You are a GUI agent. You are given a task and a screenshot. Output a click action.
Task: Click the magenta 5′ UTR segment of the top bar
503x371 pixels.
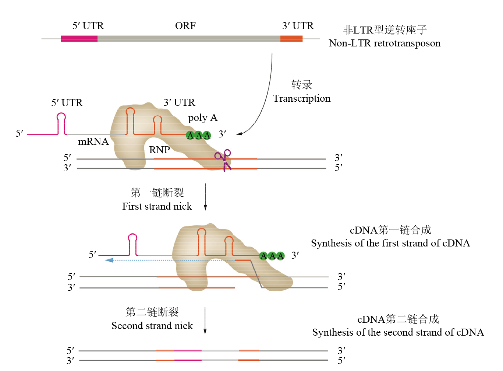tap(79, 39)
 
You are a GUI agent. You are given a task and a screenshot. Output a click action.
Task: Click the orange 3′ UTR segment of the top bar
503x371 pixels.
tap(291, 39)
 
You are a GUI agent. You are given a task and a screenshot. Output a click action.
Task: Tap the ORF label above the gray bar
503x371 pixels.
tap(185, 26)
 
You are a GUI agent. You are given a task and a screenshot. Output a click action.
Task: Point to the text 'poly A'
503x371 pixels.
tap(203, 118)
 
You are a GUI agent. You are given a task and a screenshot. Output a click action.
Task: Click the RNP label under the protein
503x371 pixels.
tap(159, 150)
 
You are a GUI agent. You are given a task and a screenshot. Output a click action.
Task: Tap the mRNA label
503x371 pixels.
tap(93, 141)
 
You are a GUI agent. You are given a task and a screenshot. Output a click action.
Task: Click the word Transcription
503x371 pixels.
tap(302, 98)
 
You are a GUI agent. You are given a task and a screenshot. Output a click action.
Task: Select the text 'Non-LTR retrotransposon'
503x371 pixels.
tap(385, 43)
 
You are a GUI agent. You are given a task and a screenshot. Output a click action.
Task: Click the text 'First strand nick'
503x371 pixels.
tap(157, 206)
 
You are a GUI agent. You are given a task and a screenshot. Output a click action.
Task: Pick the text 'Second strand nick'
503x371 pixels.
tap(152, 326)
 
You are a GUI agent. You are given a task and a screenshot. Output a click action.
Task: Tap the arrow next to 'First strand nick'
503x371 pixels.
tap(205, 197)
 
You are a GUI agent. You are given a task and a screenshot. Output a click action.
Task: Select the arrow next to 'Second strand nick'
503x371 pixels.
tap(205, 321)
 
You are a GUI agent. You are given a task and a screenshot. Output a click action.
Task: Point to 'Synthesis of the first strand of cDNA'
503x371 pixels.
tap(390, 243)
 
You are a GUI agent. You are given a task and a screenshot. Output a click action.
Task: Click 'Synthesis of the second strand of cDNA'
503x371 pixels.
tap(398, 332)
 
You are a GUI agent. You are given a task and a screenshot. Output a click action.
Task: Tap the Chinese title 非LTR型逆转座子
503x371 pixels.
tap(385, 30)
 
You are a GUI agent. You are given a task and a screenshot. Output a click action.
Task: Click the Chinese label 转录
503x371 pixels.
tap(302, 85)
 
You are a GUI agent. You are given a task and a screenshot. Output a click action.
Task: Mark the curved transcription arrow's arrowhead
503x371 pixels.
tap(239, 134)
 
